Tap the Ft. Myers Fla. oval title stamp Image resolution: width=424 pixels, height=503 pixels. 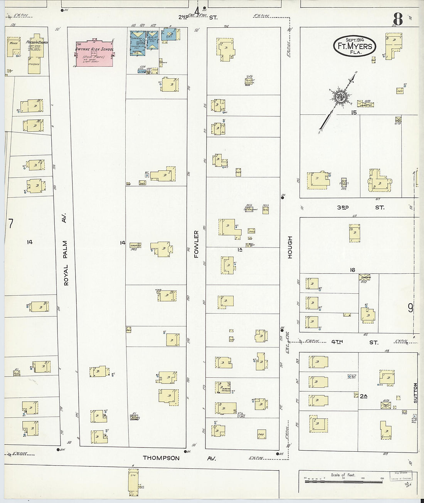354,46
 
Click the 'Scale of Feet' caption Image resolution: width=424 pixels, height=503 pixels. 343,475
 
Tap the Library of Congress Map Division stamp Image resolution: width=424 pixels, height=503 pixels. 400,476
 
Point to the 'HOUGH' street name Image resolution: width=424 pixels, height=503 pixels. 290,247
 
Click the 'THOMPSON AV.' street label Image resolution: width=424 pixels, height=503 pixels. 179,458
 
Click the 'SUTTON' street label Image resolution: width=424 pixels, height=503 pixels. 415,392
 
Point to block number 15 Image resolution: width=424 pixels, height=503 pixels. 353,112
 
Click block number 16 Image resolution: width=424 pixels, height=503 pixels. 352,270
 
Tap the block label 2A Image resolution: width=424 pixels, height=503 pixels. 363,395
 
